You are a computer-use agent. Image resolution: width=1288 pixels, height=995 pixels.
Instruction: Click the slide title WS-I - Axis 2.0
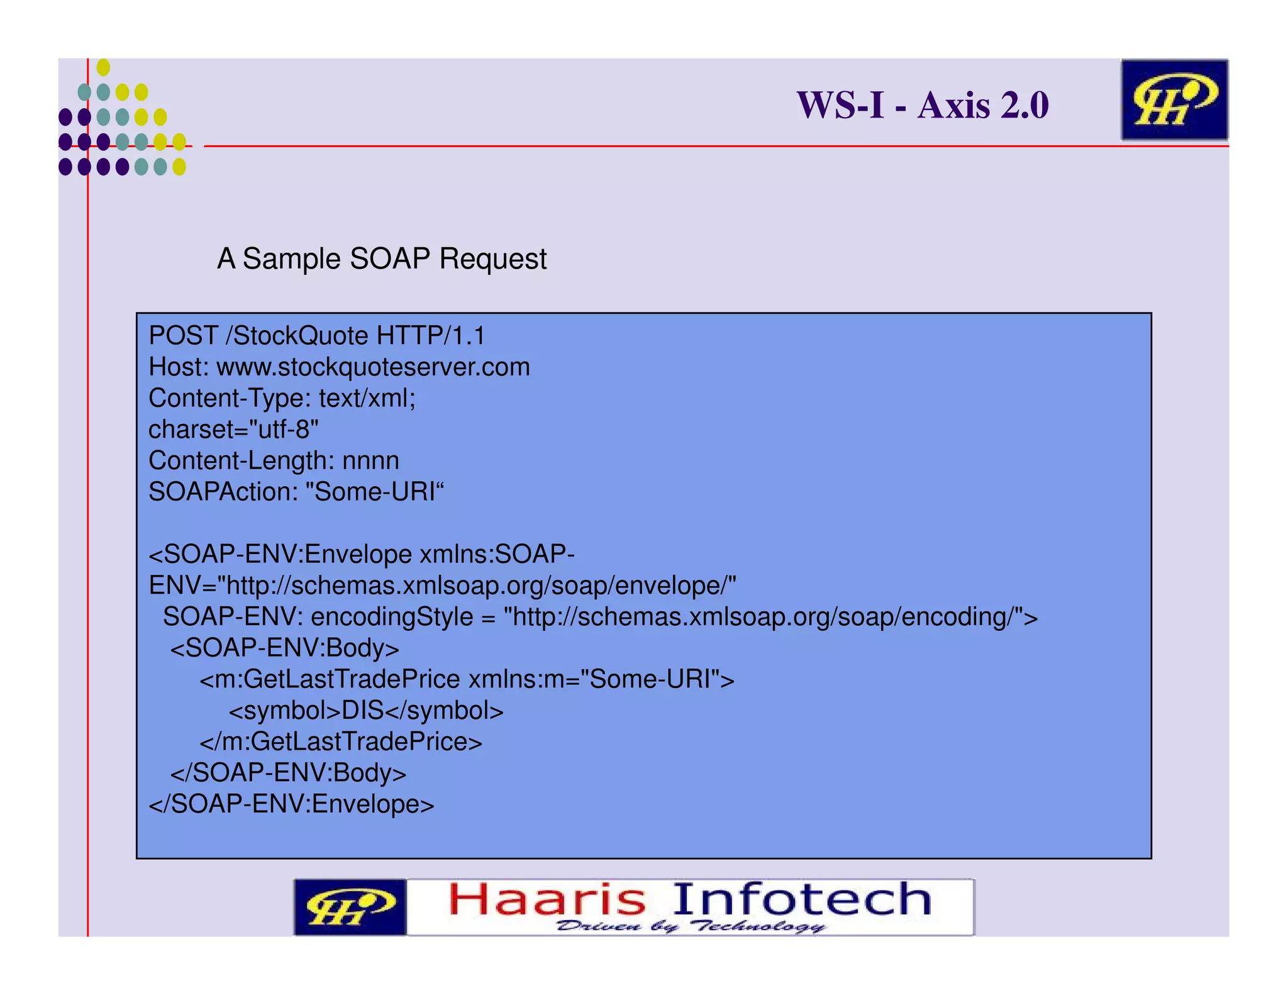pos(923,105)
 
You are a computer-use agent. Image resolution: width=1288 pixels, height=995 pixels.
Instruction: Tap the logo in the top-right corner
pos(1174,100)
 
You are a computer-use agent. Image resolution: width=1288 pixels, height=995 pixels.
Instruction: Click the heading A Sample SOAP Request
pos(382,258)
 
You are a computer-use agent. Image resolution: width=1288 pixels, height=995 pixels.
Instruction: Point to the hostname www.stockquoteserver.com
pos(373,367)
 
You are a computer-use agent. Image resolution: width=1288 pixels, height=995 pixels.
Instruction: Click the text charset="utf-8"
pos(233,430)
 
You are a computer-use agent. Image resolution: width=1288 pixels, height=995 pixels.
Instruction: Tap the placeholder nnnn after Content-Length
pos(370,461)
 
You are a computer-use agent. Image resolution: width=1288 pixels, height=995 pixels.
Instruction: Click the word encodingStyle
pos(392,617)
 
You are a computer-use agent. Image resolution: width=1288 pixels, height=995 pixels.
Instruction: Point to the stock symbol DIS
pos(363,711)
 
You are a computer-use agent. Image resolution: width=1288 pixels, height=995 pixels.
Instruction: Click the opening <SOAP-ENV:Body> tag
pos(285,648)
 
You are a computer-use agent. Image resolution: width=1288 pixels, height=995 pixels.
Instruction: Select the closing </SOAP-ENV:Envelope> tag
pos(291,804)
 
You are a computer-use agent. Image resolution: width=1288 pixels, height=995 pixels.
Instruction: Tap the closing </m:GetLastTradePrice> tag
pos(341,742)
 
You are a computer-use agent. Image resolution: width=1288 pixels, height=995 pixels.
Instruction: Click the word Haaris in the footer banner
pos(547,899)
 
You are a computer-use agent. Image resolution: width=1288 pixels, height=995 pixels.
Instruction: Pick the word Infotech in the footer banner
pos(802,899)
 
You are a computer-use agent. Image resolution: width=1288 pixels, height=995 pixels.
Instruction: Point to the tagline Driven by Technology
pos(690,926)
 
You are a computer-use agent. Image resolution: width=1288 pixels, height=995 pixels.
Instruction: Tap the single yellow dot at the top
pos(103,67)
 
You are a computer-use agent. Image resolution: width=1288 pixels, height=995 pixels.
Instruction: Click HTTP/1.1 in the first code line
pos(431,336)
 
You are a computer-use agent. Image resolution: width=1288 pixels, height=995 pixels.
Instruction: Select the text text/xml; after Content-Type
pos(367,399)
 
